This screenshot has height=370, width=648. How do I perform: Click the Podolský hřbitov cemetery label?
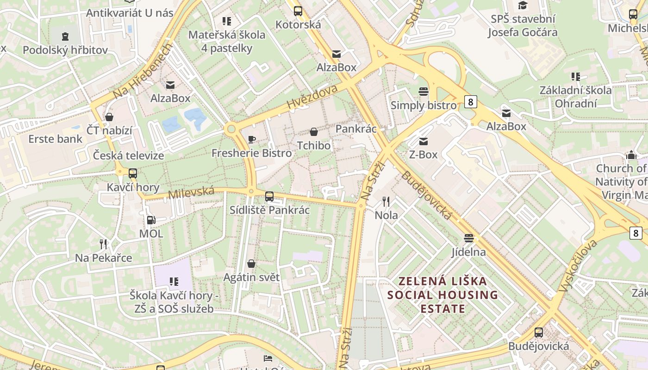(65, 50)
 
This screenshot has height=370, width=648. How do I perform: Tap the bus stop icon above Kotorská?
(298, 11)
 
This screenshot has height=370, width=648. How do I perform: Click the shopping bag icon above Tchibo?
(314, 132)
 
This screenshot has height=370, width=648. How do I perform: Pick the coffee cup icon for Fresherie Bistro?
(252, 139)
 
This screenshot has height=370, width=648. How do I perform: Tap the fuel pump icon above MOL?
(151, 220)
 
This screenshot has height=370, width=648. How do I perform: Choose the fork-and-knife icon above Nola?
(386, 202)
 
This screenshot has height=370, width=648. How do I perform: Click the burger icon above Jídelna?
(469, 238)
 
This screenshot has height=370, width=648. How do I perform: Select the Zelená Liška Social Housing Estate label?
(442, 295)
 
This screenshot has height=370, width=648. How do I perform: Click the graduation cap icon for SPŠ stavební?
(523, 6)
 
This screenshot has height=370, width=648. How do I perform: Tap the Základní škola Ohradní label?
(575, 96)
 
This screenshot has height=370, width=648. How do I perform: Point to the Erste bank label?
(55, 139)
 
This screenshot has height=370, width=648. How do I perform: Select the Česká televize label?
(128, 155)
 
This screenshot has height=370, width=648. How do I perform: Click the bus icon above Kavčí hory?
(133, 173)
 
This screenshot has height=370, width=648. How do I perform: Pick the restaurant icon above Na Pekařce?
(104, 244)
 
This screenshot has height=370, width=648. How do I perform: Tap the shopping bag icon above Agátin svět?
(251, 264)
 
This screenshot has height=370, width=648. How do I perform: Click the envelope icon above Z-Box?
(423, 141)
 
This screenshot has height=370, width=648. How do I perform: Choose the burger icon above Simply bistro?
(423, 92)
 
